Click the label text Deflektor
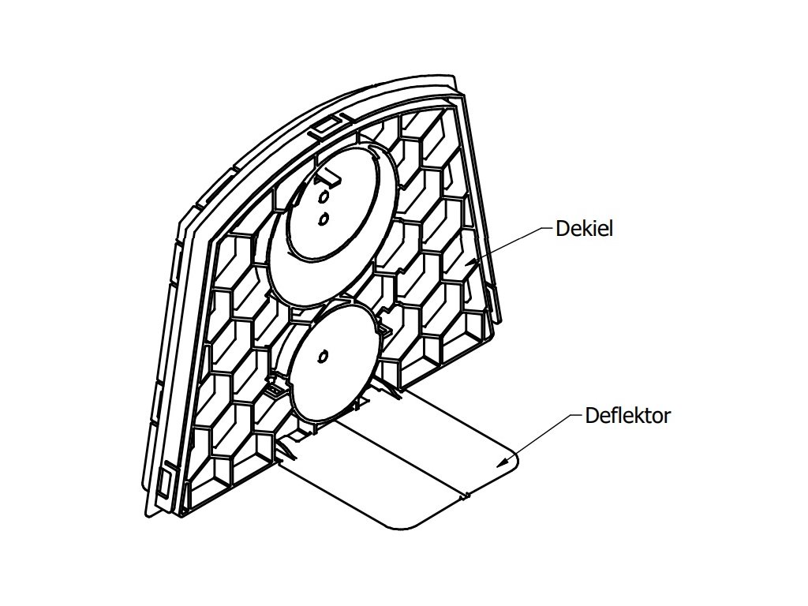627,416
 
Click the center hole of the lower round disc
322,359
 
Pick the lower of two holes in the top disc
322,217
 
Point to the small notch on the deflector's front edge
465,496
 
